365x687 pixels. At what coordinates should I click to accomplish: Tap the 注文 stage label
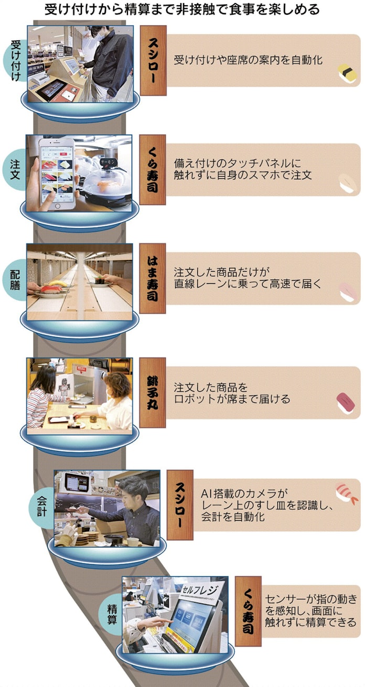(x=15, y=169)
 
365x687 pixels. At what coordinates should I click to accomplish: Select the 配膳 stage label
(x=15, y=280)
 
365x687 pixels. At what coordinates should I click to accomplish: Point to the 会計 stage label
(x=42, y=508)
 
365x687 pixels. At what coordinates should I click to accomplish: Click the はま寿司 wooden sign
(x=153, y=278)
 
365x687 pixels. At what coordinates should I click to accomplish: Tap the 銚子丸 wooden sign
(x=153, y=392)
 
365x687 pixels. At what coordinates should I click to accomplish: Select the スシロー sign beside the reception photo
(x=153, y=60)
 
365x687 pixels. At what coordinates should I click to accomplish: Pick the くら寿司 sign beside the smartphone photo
(x=153, y=169)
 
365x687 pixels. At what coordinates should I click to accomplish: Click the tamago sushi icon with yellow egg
(x=348, y=73)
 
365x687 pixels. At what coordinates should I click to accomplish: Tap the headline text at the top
(x=182, y=9)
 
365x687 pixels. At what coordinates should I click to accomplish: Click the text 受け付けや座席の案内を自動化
(x=248, y=60)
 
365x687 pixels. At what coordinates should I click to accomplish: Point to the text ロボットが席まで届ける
(x=232, y=399)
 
